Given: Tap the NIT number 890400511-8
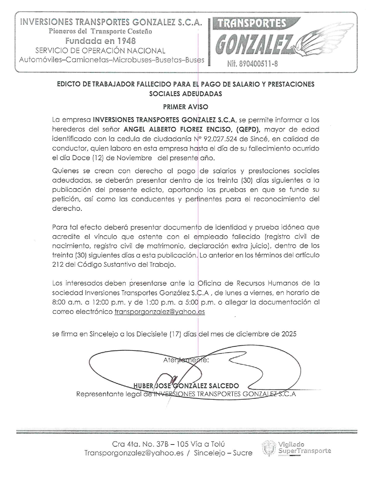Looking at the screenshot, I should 252,64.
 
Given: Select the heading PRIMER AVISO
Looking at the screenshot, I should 185,107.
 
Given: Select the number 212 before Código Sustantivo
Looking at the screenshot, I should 58,265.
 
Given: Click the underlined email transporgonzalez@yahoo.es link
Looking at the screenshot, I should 160,312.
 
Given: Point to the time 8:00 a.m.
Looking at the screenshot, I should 63,302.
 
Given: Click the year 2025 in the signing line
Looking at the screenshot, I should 289,334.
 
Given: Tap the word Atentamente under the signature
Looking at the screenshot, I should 186,360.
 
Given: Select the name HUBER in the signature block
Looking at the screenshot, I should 143,386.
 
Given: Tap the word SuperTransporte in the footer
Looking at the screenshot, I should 305,451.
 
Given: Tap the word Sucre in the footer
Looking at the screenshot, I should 243,453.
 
